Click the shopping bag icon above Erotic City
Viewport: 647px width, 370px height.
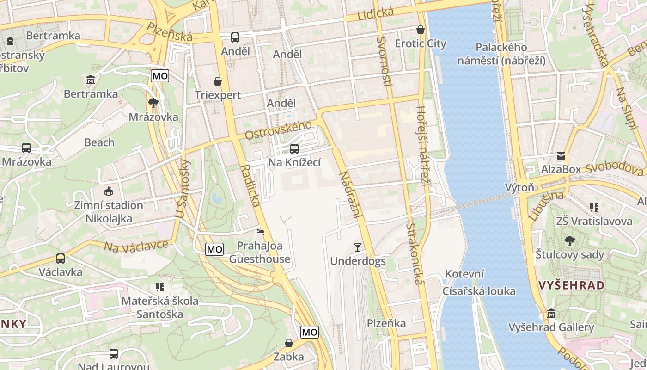[x=421, y=30]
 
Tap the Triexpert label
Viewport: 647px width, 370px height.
[x=218, y=95]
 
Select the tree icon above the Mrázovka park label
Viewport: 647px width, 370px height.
[x=153, y=103]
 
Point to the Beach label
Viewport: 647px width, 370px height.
[x=99, y=142]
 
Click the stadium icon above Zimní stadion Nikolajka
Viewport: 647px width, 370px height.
[x=109, y=191]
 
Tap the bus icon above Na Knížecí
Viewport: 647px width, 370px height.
[x=294, y=149]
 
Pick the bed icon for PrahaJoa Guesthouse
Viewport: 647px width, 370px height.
[x=260, y=232]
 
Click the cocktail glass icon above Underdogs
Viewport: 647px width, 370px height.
[x=358, y=247]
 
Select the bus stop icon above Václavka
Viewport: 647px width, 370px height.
[x=61, y=259]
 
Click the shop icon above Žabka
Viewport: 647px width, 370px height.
[x=289, y=343]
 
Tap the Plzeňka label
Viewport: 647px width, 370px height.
[x=386, y=323]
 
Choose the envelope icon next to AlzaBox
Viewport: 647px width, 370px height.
[x=561, y=156]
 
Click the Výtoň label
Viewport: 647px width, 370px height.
[x=519, y=187]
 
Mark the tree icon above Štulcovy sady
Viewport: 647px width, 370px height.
[x=570, y=241]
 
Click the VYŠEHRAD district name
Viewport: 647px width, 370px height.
[x=571, y=285]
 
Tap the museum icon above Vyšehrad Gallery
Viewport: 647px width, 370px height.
[x=551, y=314]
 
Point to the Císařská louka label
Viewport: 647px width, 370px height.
[x=479, y=291]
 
